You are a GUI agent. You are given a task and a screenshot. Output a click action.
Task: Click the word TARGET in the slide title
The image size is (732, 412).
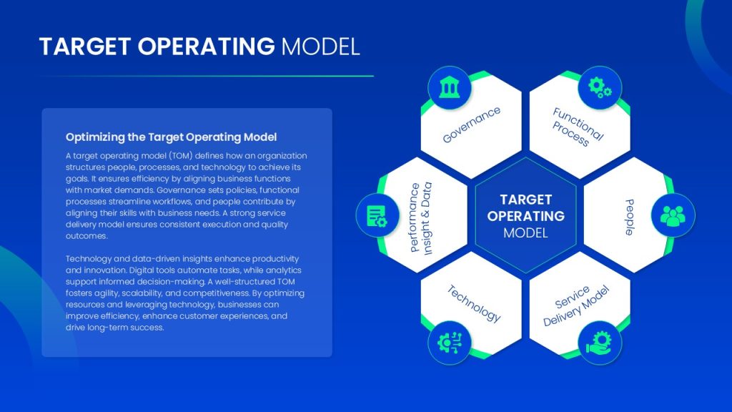tap(85, 46)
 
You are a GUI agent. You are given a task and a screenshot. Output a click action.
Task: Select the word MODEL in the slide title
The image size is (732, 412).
tap(320, 46)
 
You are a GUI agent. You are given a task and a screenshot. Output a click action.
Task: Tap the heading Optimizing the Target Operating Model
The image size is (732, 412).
tap(171, 137)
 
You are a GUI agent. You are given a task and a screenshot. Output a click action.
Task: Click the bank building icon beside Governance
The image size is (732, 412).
tap(450, 88)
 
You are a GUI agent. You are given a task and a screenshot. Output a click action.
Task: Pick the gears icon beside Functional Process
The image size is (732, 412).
tap(600, 87)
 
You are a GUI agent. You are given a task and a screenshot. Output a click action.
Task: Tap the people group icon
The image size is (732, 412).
tap(673, 215)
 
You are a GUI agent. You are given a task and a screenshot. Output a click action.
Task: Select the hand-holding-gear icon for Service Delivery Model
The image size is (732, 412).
tap(600, 343)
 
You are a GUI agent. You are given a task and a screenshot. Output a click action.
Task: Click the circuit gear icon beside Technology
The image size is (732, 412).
tap(450, 343)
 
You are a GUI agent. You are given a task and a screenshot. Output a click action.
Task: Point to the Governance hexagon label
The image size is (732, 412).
tap(472, 124)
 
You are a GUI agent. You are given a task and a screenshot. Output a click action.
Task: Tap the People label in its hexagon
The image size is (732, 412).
tap(630, 217)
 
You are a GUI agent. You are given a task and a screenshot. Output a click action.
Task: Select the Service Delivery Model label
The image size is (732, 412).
tap(576, 306)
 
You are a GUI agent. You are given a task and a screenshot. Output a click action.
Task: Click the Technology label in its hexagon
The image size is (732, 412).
tap(473, 303)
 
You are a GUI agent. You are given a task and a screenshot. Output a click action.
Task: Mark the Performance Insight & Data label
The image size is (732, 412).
tap(420, 218)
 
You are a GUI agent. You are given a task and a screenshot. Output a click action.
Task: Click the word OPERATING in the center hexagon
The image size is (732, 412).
tap(525, 216)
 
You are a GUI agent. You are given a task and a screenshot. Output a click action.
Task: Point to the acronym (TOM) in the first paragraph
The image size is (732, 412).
tap(181, 155)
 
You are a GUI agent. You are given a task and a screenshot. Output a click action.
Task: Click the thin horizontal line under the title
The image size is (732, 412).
tap(207, 76)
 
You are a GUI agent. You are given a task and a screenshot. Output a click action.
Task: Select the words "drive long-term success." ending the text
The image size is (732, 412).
tap(115, 328)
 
